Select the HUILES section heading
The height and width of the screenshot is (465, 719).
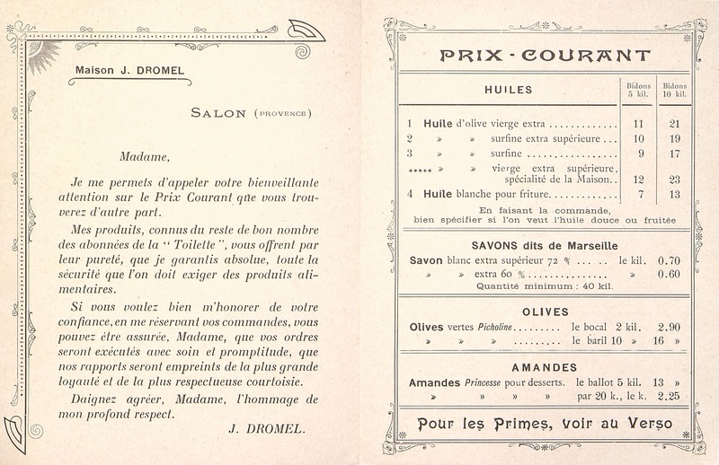[x=509, y=90]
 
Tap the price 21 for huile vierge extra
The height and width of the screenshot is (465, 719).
[x=675, y=124]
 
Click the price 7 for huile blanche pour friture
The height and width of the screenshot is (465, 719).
[x=640, y=194]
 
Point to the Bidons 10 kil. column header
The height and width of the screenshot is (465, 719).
[x=675, y=89]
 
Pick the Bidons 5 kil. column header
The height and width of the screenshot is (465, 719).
[x=639, y=89]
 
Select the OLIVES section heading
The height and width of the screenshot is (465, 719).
[x=546, y=311]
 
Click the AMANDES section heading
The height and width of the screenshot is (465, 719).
[x=545, y=367]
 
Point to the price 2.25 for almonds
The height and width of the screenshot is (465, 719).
[x=666, y=395]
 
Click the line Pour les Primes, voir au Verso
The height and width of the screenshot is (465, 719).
[x=546, y=422]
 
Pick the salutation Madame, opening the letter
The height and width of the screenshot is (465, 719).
[x=94, y=155]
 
